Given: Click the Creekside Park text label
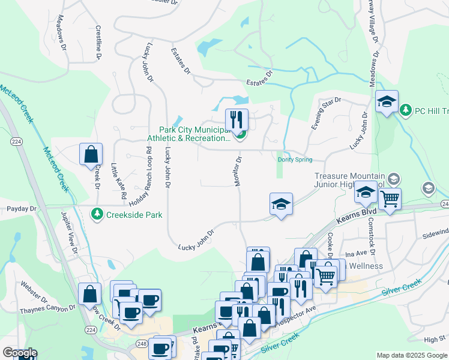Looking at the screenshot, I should [x=135, y=214].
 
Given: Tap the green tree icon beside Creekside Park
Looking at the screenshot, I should [x=97, y=214].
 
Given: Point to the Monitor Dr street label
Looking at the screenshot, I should [x=238, y=172].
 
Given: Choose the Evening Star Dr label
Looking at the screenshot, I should [x=325, y=113].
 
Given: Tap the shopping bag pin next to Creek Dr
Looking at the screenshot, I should [x=90, y=154].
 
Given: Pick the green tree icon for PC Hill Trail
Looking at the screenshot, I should [x=406, y=110].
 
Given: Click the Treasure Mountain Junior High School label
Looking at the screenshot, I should [x=350, y=181].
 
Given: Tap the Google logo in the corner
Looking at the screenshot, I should [x=19, y=353].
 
